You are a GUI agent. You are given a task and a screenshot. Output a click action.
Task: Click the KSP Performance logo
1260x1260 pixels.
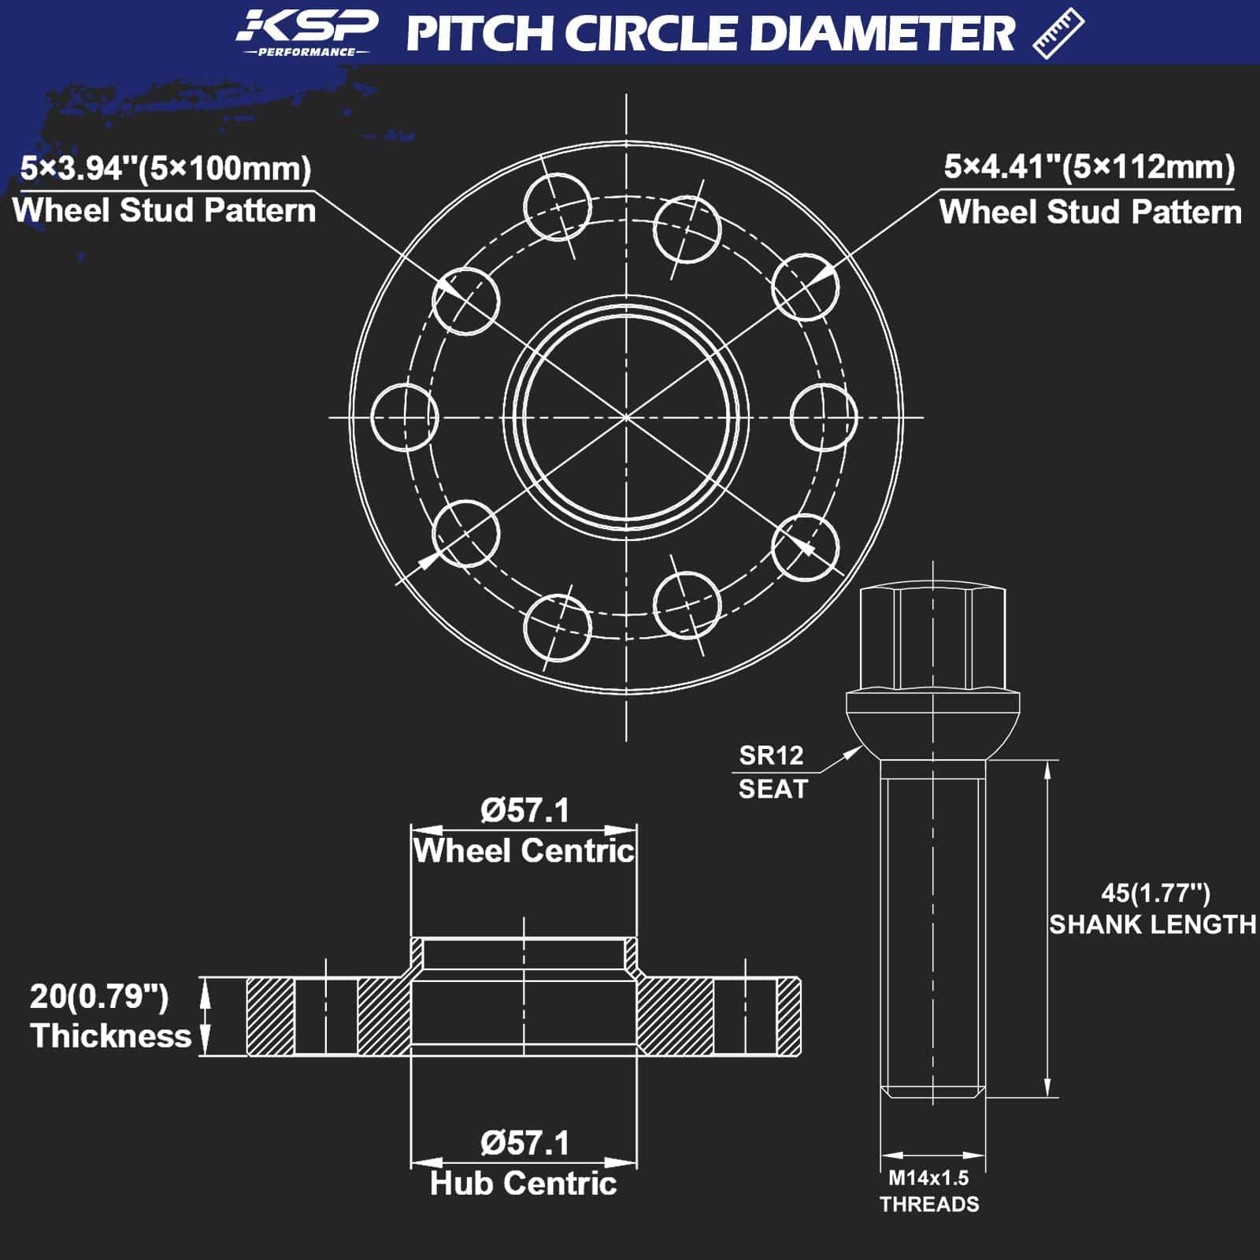[x=307, y=33]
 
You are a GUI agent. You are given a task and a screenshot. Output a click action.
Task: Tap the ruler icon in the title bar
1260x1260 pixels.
[x=1058, y=33]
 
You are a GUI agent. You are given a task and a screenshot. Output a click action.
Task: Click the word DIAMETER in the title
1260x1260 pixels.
[x=881, y=34]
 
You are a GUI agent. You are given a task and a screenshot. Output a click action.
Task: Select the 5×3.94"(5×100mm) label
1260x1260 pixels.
[x=166, y=169]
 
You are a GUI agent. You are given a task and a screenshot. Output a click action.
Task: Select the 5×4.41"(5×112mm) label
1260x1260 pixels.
[x=1089, y=167]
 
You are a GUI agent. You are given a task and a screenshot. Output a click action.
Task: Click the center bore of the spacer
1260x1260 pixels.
[x=626, y=417]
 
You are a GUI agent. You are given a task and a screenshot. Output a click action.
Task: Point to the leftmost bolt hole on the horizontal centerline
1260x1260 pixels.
[x=404, y=417]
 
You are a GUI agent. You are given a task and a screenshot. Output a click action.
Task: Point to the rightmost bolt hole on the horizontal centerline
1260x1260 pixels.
[x=823, y=417]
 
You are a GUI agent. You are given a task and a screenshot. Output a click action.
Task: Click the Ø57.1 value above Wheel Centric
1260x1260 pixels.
[x=524, y=810]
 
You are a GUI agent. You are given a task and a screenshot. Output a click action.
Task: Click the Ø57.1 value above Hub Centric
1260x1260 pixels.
[x=524, y=1143]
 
